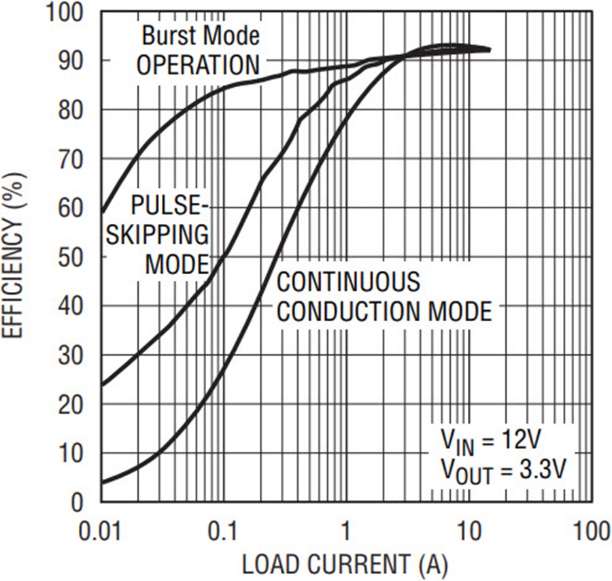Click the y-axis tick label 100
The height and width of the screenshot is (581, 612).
(x=65, y=12)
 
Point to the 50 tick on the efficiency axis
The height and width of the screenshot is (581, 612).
(x=71, y=257)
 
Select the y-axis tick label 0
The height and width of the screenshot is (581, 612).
(x=78, y=502)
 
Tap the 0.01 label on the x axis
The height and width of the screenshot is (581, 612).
(x=100, y=532)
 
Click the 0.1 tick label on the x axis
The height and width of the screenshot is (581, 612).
(x=223, y=532)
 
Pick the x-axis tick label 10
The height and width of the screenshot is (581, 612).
(x=468, y=532)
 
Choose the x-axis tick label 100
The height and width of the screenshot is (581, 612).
(x=592, y=532)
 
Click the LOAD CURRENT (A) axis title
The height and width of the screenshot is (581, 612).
(x=345, y=564)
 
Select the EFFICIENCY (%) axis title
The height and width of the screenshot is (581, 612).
(x=14, y=256)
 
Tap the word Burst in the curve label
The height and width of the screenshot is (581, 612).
(x=169, y=35)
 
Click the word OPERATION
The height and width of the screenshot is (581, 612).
(x=198, y=65)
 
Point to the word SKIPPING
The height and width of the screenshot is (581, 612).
(x=157, y=235)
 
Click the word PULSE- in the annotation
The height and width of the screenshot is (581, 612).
(x=171, y=205)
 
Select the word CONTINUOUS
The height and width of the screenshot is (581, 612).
(x=349, y=282)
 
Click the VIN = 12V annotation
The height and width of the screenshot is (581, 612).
(x=490, y=442)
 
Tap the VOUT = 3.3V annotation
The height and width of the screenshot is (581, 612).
(x=503, y=471)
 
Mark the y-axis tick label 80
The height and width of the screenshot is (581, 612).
(x=71, y=110)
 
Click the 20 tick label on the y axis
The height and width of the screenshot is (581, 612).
(x=71, y=404)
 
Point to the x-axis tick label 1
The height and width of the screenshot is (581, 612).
(x=345, y=532)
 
